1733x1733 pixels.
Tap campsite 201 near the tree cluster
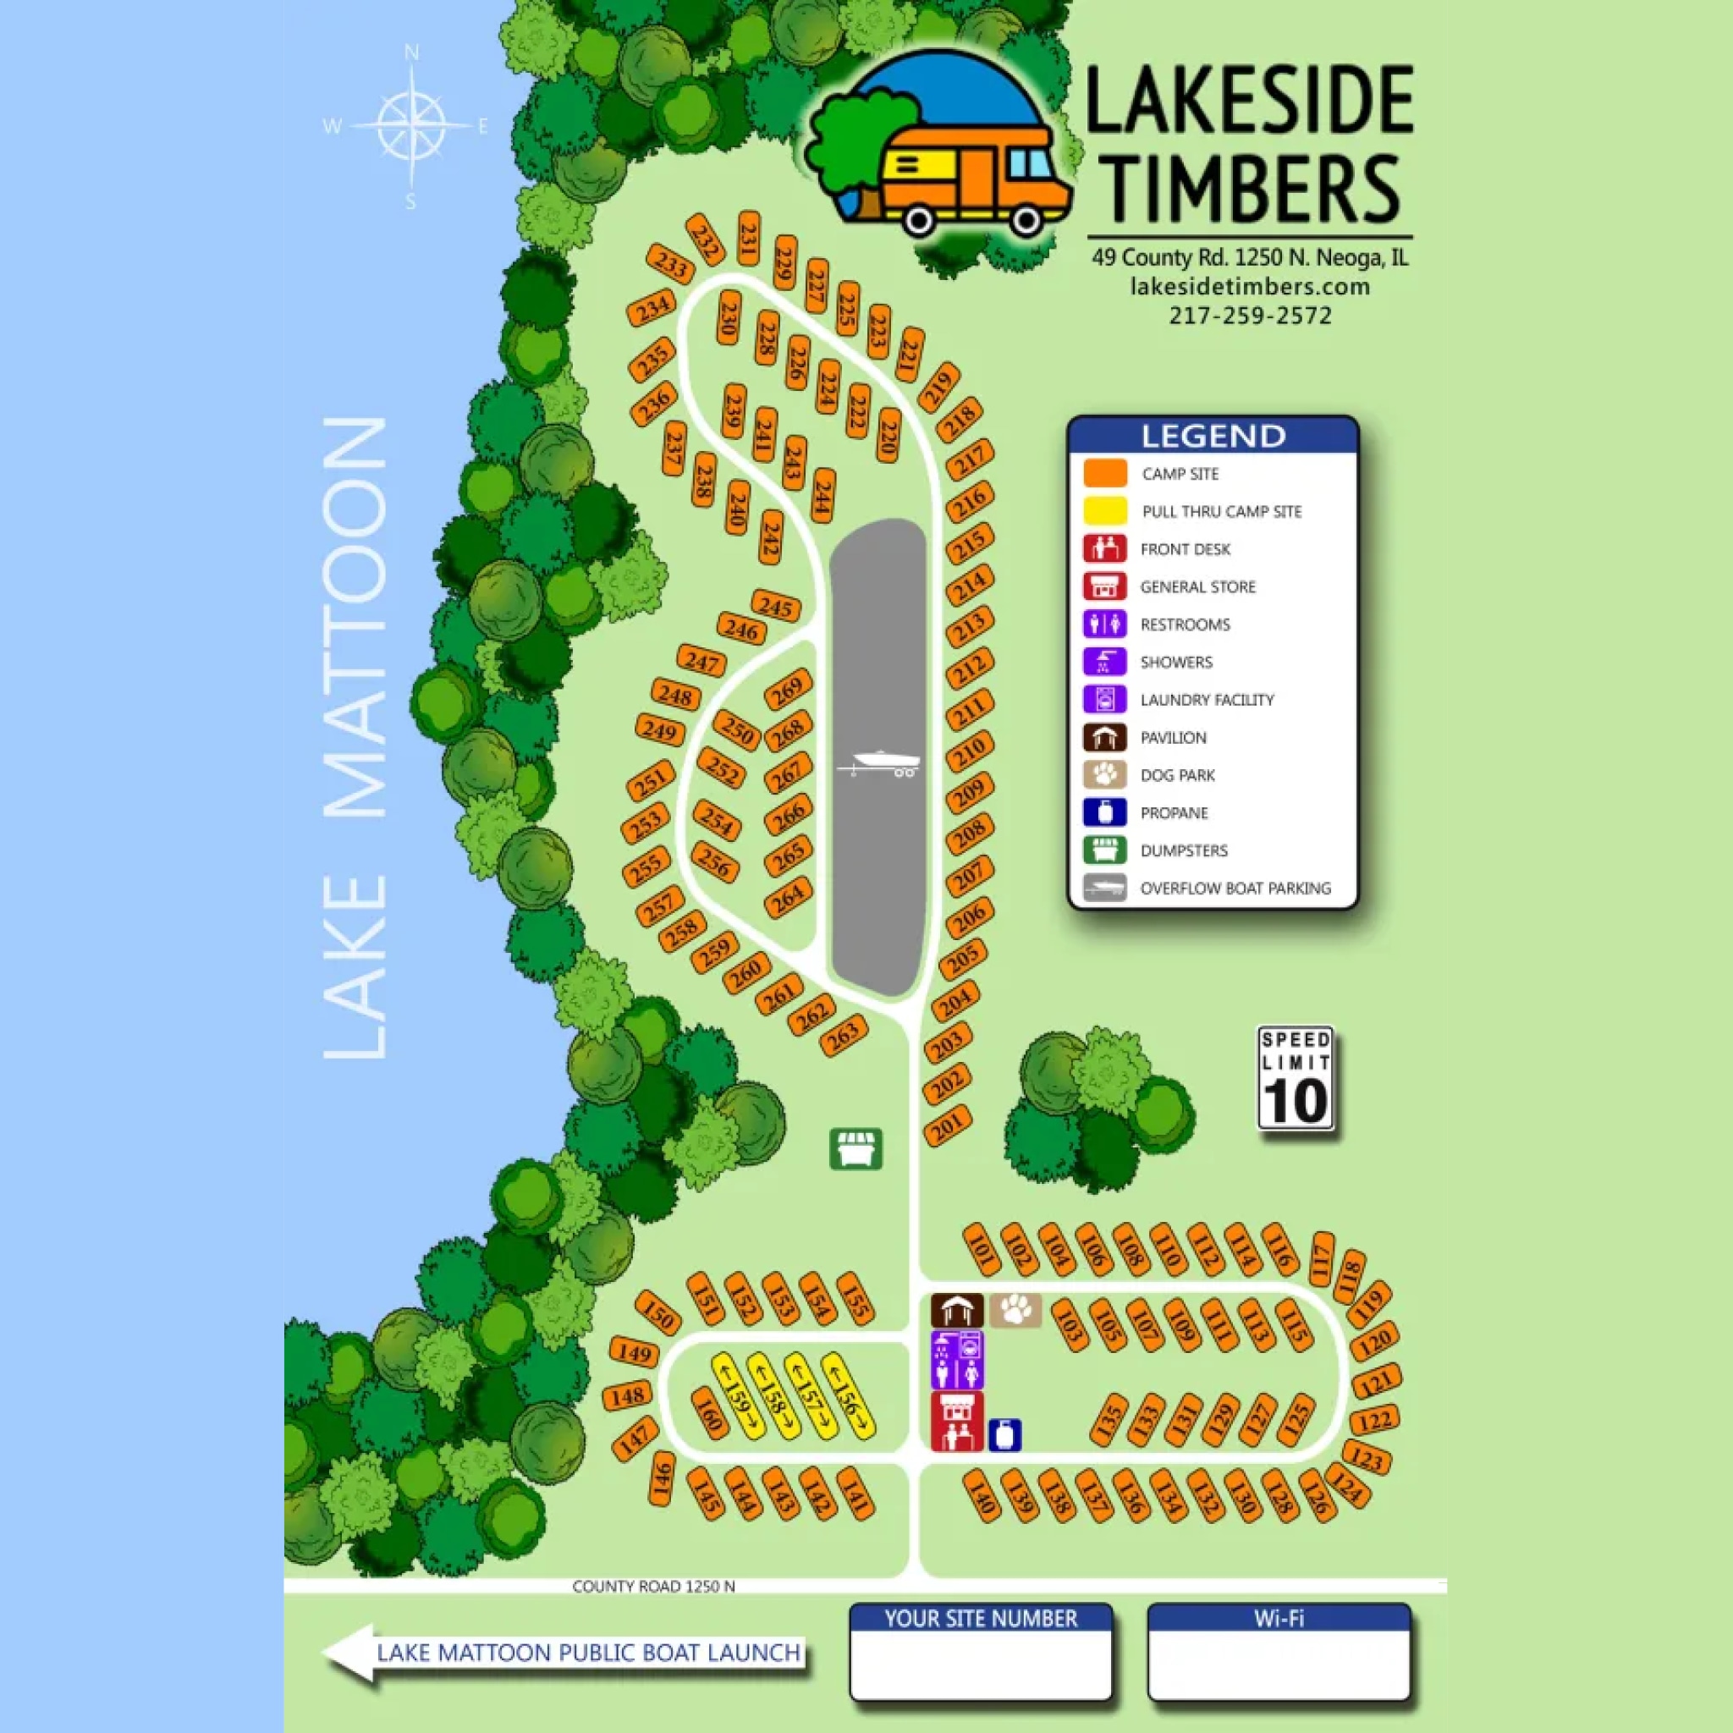[x=947, y=1126]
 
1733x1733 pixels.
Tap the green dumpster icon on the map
[x=855, y=1149]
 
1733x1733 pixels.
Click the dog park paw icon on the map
[x=1015, y=1311]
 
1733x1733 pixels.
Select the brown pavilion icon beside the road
[x=956, y=1311]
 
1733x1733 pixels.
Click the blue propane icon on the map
[x=1004, y=1434]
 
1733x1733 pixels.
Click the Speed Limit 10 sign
[x=1296, y=1078]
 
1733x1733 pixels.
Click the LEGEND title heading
[x=1213, y=436]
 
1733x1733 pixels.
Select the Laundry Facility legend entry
[x=1207, y=700]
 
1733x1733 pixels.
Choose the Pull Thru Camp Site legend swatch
[x=1105, y=511]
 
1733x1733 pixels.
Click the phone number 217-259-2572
[x=1250, y=316]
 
